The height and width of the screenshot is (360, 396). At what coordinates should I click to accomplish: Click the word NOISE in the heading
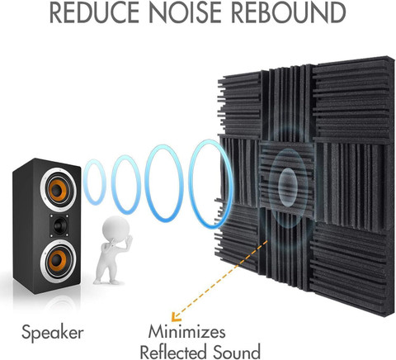(x=186, y=12)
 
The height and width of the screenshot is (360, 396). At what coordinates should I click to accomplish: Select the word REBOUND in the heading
(x=289, y=12)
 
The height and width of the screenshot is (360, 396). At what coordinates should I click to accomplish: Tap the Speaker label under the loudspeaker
(x=53, y=333)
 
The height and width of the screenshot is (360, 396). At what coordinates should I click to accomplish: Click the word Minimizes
(x=186, y=331)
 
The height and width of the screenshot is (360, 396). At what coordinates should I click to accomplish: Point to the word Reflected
(x=173, y=352)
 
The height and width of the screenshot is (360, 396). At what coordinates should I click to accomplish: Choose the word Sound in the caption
(x=237, y=352)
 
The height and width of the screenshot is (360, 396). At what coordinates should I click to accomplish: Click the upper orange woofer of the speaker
(x=59, y=190)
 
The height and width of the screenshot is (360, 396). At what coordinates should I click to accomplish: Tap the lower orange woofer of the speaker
(x=58, y=261)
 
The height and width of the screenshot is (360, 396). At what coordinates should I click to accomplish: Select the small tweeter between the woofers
(x=59, y=225)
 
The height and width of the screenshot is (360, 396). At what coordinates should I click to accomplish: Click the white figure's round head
(x=115, y=230)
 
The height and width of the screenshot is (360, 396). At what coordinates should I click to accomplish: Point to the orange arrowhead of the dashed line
(x=175, y=317)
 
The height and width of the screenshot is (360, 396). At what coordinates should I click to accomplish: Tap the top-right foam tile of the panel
(x=353, y=99)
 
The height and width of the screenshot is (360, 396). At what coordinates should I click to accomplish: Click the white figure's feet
(x=106, y=282)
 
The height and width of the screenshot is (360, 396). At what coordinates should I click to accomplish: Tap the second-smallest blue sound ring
(x=112, y=185)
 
